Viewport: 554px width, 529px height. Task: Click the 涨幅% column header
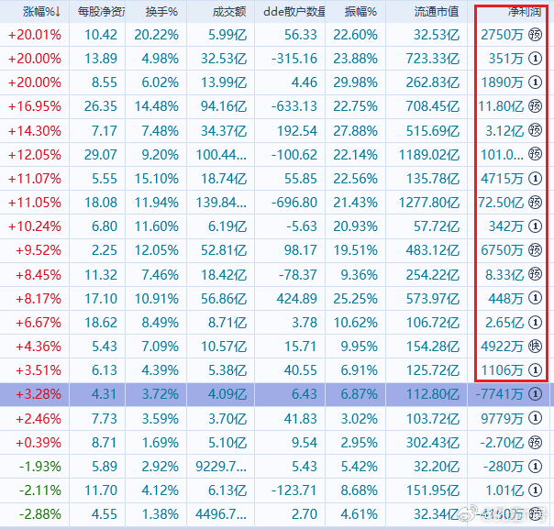pos(41,12)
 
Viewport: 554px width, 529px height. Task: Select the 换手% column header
pos(161,12)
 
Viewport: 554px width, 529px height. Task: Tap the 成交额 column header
pos(229,12)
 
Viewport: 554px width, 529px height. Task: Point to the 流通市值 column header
pos(437,12)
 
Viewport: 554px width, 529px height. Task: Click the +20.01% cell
pos(35,35)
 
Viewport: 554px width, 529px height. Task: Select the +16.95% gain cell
pos(35,106)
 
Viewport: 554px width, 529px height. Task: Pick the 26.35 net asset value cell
pos(100,106)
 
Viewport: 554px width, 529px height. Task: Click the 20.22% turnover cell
pos(157,35)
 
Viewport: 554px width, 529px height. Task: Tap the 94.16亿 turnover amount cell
pos(224,106)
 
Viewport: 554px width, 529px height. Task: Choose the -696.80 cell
pos(294,203)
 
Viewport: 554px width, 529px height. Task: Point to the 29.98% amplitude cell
pos(356,83)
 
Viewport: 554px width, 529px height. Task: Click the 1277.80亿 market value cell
pos(429,203)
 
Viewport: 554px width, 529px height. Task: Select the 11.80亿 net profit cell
pos(501,106)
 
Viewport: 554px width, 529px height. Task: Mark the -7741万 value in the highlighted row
pos(499,394)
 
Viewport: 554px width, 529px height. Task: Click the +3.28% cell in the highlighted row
pos(39,394)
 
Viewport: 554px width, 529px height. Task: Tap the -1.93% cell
pos(40,467)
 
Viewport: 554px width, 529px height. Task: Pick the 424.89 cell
pos(297,299)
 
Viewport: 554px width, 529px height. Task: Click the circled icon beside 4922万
pos(536,346)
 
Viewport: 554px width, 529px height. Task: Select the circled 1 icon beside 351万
pos(536,59)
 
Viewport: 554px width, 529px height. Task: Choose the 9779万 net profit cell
pos(502,419)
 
